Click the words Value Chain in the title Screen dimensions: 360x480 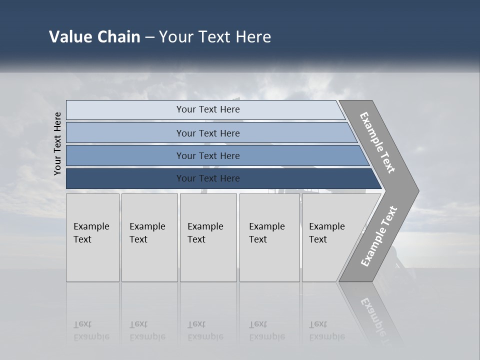[94, 37]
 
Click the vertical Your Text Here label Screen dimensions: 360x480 [57, 144]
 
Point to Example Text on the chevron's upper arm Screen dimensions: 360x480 [377, 142]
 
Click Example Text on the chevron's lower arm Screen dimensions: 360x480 [379, 236]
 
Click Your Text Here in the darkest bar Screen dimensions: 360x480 [208, 178]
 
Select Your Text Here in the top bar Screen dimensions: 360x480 [208, 109]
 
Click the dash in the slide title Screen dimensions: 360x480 [149, 37]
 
